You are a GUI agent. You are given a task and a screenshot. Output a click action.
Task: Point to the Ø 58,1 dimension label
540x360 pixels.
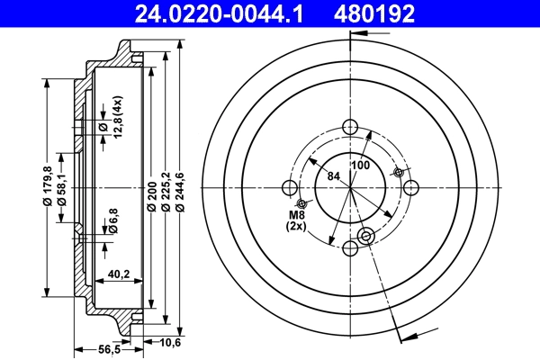[x=60, y=186]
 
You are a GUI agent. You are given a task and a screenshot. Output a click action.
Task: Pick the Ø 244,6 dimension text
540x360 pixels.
[x=179, y=193]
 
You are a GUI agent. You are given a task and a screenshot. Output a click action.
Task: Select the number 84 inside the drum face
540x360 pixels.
[x=333, y=176]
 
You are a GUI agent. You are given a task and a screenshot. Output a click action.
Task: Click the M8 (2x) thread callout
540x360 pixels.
[x=297, y=220]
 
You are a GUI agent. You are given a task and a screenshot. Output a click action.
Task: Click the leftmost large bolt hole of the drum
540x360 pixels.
[x=289, y=187]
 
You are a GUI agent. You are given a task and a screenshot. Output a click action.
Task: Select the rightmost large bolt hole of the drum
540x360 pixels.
[x=411, y=186]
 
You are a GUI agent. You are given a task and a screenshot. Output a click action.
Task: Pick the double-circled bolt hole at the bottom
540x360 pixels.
[x=365, y=236]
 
